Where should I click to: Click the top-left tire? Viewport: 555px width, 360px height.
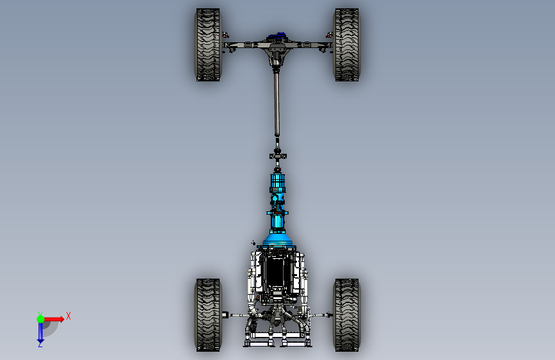click(207, 45)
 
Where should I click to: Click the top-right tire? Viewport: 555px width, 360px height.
click(346, 45)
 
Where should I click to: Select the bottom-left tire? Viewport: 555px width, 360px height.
click(207, 315)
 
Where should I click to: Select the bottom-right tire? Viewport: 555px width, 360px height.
click(346, 315)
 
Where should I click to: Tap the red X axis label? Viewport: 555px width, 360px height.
click(68, 316)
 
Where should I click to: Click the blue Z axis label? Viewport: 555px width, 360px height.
click(40, 344)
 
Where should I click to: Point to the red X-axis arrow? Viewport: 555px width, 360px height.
click(55, 318)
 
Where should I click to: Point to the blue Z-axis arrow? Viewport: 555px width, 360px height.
click(40, 332)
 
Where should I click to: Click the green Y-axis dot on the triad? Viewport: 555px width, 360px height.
click(40, 318)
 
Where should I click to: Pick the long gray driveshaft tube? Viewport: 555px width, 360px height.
click(277, 102)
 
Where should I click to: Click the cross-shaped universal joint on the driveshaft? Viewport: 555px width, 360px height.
click(277, 154)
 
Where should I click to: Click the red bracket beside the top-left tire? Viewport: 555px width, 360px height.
click(225, 35)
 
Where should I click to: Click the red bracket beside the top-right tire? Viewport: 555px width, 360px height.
click(329, 35)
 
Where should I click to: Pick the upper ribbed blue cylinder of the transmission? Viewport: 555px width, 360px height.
click(277, 183)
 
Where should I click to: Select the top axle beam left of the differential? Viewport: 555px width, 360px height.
click(246, 44)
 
